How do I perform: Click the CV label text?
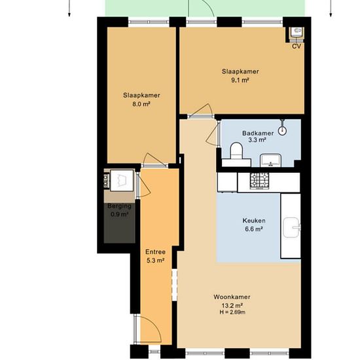pos(297,46)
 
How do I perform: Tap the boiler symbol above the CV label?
pos(297,31)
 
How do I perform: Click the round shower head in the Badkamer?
pos(282,131)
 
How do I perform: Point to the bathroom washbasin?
pos(271,160)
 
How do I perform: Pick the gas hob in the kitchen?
pos(260,181)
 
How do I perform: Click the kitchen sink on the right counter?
pos(292,227)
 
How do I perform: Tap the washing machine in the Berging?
pos(122,180)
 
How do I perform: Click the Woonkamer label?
pos(232,297)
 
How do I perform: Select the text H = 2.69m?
pos(232,312)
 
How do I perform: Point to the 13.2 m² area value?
pos(232,306)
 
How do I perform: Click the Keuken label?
pos(254,221)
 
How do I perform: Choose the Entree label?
pos(155,252)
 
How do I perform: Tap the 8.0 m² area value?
pos(141,104)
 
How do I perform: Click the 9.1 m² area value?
pos(240,81)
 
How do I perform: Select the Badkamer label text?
pos(258,133)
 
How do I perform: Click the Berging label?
pos(119,206)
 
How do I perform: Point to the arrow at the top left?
pos(69,9)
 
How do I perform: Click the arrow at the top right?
pos(331,9)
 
